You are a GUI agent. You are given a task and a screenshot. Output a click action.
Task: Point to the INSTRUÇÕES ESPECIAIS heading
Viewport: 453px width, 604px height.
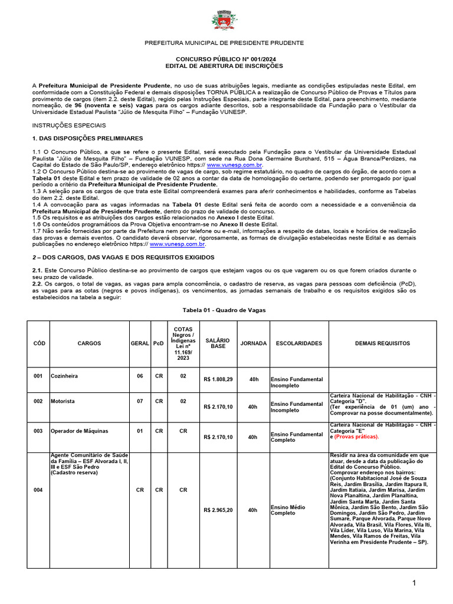(69, 126)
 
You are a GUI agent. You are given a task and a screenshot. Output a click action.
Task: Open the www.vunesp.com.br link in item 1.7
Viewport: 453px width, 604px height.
(178, 244)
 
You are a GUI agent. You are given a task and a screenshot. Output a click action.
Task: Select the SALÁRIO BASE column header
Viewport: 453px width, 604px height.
(218, 343)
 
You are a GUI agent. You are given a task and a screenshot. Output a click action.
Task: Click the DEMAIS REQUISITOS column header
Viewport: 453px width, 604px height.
(382, 343)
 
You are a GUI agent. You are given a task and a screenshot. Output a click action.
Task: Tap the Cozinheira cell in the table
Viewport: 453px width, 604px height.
(64, 376)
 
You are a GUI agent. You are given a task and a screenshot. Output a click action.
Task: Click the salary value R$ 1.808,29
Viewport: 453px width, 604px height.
(218, 379)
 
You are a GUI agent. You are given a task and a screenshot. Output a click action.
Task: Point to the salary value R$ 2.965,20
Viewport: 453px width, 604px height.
(218, 510)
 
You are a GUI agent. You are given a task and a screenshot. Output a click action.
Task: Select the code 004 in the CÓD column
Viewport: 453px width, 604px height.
(38, 490)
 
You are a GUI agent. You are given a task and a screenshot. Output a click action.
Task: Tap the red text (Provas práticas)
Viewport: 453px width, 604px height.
(356, 437)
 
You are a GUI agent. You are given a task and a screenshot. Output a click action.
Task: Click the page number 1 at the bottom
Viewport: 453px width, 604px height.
(415, 583)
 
